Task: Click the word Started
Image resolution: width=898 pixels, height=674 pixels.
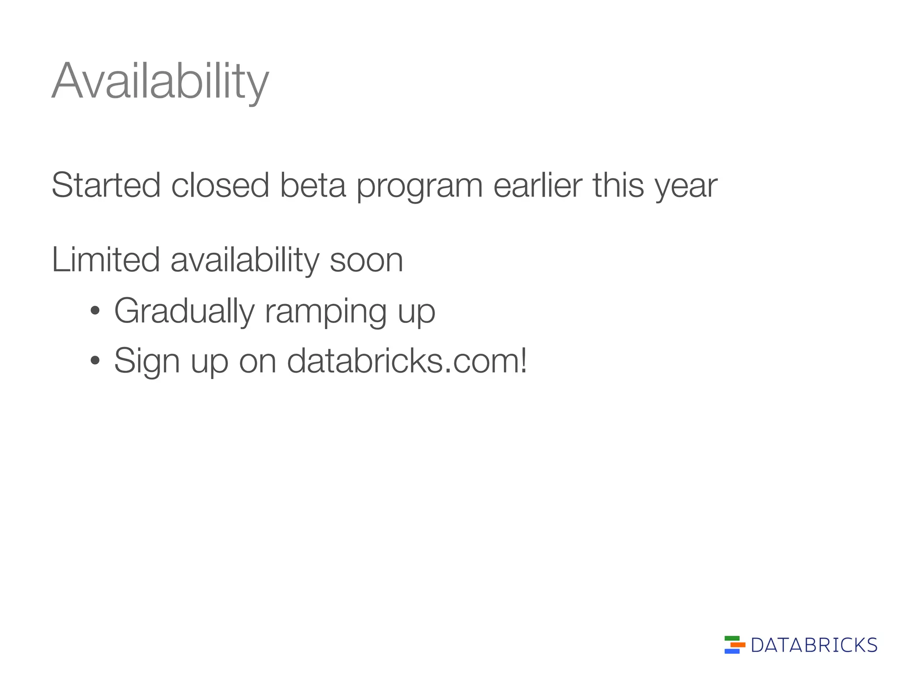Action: (106, 185)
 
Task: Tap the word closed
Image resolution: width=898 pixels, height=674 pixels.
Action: (220, 185)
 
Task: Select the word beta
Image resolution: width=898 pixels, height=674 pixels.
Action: (313, 185)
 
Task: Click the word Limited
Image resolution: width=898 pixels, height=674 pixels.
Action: (106, 260)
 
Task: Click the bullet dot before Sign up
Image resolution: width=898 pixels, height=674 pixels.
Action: (94, 361)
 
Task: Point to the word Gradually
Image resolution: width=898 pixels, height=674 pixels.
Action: (184, 311)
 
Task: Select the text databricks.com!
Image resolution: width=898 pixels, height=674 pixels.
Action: (407, 360)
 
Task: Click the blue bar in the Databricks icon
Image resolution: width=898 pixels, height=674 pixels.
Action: (732, 651)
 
